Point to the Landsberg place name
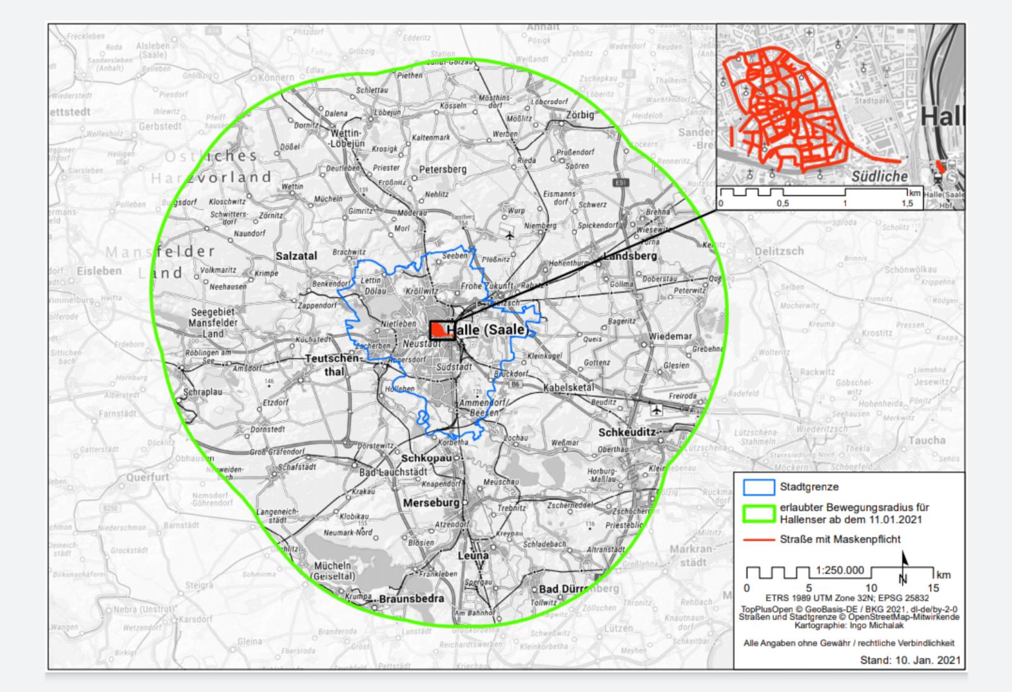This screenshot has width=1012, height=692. click(630, 256)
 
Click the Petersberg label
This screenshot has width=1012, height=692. click(443, 170)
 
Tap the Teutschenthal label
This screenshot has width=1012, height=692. click(333, 365)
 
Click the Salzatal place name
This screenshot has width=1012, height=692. click(297, 256)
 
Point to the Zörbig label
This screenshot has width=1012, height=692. click(580, 115)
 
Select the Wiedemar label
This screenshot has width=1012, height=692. click(670, 336)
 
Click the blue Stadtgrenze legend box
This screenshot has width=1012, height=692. click(758, 487)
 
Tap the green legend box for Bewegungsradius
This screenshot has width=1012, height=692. click(758, 514)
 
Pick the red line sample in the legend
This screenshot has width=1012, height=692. click(758, 540)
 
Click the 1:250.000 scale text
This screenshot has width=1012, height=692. click(840, 570)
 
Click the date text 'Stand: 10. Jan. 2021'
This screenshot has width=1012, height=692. click(910, 660)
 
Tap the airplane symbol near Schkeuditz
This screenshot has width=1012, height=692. click(656, 411)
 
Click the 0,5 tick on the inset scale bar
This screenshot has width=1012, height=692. click(783, 204)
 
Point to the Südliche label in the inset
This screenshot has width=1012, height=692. click(879, 176)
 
